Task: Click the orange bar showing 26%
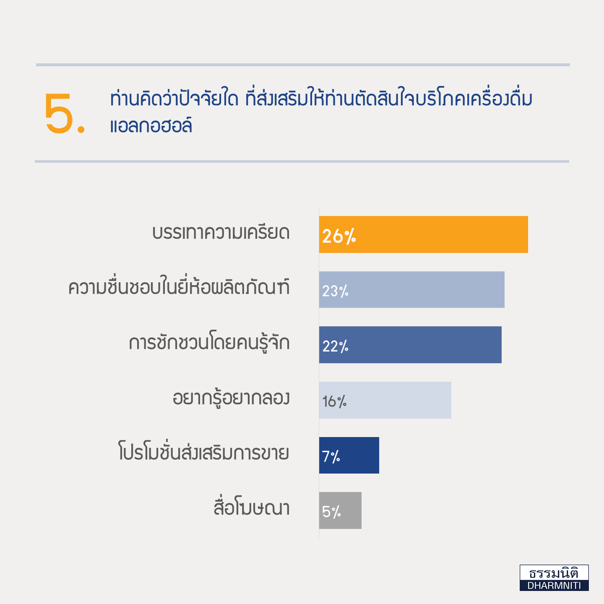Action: [424, 234]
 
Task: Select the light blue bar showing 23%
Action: [412, 289]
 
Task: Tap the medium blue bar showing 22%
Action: [410, 345]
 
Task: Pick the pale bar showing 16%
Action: [385, 400]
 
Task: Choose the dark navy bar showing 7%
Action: [349, 455]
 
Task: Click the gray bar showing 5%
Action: [341, 510]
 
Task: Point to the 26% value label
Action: [339, 236]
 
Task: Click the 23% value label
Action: [336, 291]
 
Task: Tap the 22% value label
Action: [336, 346]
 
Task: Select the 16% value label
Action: [334, 401]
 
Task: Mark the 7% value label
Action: [331, 457]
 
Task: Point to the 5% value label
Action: [331, 512]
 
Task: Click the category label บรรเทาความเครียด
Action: [221, 233]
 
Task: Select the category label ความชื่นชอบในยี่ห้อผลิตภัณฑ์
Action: [179, 286]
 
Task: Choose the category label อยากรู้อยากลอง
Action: [231, 398]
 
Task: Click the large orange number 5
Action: [59, 114]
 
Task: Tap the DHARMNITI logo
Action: [554, 578]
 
